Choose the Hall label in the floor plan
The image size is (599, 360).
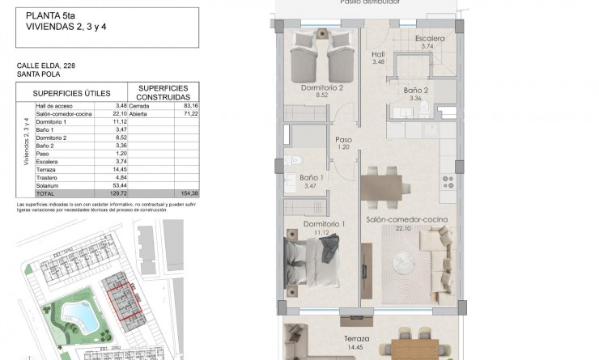tap(378, 55)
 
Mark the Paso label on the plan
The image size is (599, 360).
tap(343, 140)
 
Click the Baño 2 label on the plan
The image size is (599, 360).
tap(416, 92)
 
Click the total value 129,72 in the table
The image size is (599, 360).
tap(117, 194)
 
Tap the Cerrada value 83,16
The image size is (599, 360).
tap(190, 105)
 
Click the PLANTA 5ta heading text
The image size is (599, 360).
tap(49, 15)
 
